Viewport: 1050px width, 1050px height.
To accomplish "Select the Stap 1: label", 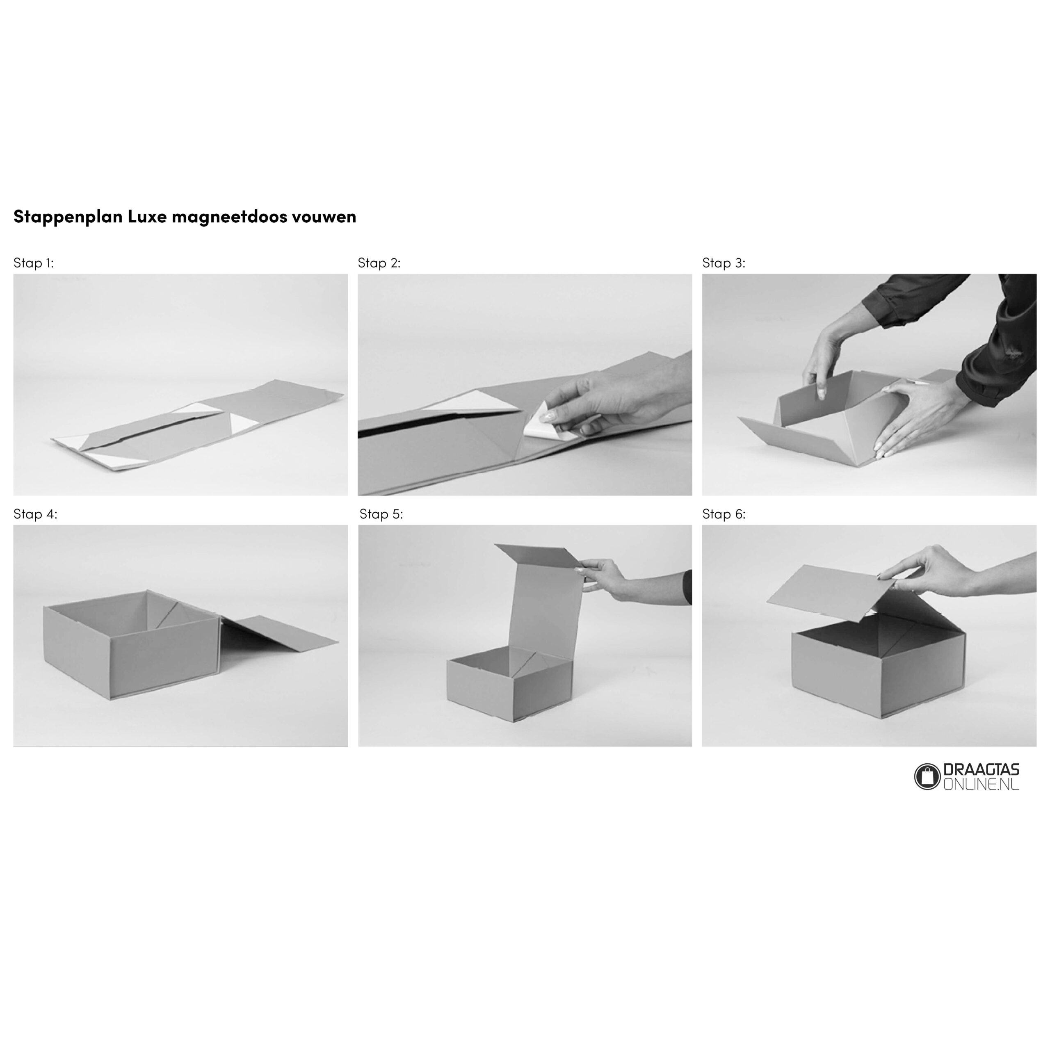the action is (34, 263).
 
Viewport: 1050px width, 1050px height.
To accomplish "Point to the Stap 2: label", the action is (379, 263).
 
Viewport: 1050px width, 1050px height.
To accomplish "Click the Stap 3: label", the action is (724, 263).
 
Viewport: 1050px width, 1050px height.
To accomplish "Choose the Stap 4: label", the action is (35, 514).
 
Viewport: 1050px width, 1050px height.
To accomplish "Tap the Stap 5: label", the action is (381, 514).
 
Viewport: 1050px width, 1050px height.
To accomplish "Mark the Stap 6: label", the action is (724, 514).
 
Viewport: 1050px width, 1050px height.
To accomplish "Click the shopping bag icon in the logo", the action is (927, 776).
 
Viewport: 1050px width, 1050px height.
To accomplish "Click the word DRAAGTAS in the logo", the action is (982, 771).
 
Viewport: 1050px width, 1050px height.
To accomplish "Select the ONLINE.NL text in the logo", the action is (982, 784).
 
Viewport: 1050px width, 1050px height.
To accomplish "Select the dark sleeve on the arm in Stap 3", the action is (1000, 348).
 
